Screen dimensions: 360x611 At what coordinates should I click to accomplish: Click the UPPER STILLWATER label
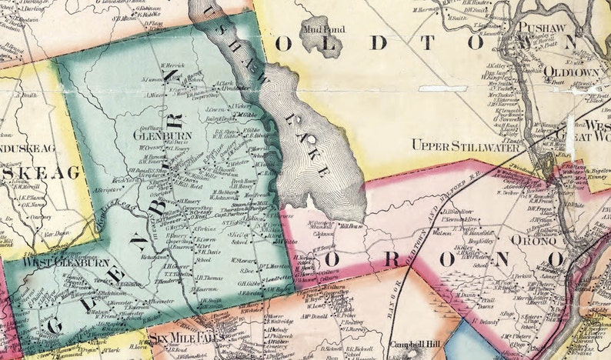[x=461, y=145]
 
